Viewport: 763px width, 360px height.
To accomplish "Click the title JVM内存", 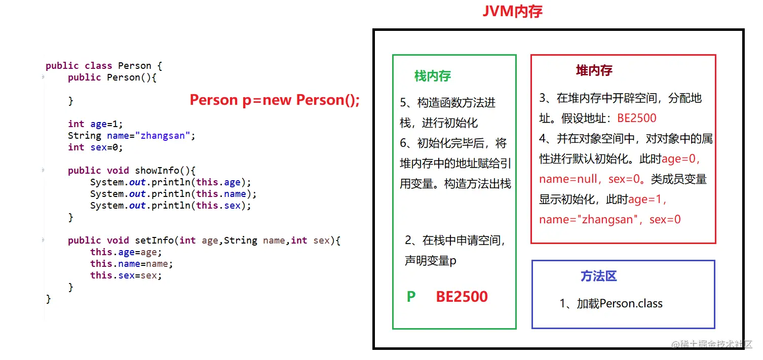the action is click(x=512, y=11).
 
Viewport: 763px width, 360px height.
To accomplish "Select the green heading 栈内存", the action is click(x=432, y=76).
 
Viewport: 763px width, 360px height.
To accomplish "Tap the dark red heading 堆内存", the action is click(x=594, y=70).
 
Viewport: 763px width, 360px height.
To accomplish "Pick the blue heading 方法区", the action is click(x=598, y=276).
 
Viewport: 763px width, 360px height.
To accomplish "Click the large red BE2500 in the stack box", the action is click(x=462, y=297).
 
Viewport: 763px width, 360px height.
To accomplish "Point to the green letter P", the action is click(x=411, y=297).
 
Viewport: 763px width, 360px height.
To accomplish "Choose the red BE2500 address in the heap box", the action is click(x=636, y=118).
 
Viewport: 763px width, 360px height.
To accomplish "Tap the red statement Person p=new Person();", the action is click(x=275, y=100).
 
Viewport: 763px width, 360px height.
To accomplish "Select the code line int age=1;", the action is click(x=95, y=124).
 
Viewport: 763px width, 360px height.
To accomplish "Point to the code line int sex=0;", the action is click(x=95, y=147).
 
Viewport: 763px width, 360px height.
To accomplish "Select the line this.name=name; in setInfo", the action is click(x=131, y=264).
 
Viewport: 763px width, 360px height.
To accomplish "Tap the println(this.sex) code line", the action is click(x=170, y=206).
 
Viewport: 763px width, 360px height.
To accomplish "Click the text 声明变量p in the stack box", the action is click(x=430, y=261).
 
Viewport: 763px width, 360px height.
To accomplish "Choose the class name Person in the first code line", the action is click(x=134, y=66).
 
